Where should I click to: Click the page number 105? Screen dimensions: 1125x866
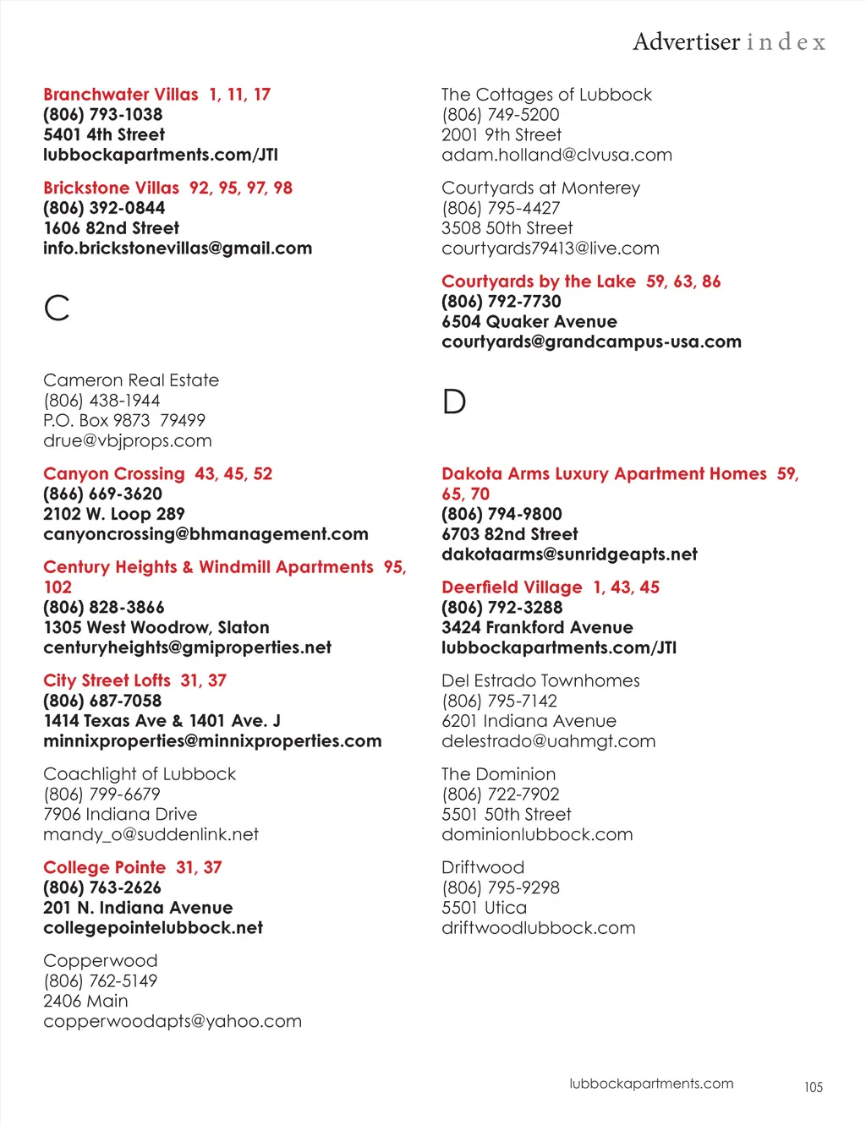[x=813, y=1087]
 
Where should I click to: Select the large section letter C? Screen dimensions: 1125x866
[x=57, y=308]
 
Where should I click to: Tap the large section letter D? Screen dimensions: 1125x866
[x=454, y=401]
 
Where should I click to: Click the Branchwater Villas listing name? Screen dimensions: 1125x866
[x=121, y=95]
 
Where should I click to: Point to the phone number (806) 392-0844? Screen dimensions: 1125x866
[x=104, y=208]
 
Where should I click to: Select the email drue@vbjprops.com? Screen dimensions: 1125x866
[x=128, y=440]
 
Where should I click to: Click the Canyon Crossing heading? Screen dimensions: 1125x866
[x=114, y=474]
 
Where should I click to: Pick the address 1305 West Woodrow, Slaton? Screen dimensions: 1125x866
[x=156, y=627]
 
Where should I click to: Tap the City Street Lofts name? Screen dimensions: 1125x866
[x=107, y=680]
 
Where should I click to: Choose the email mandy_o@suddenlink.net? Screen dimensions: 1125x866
[x=151, y=834]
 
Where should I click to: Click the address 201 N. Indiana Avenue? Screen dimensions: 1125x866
[x=138, y=908]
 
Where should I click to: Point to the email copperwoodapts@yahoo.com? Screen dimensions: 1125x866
[x=173, y=1021]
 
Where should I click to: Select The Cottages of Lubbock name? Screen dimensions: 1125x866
[x=546, y=95]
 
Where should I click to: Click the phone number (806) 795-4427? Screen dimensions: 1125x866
[x=501, y=208]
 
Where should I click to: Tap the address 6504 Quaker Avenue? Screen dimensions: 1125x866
[x=529, y=321]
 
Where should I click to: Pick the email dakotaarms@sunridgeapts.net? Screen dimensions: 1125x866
[x=569, y=554]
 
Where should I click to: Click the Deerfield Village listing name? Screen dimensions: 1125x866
[x=512, y=587]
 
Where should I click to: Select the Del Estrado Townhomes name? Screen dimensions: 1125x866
[x=540, y=680]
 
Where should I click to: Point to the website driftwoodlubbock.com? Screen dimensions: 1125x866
[x=538, y=928]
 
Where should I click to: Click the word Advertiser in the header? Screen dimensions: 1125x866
[x=686, y=41]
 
